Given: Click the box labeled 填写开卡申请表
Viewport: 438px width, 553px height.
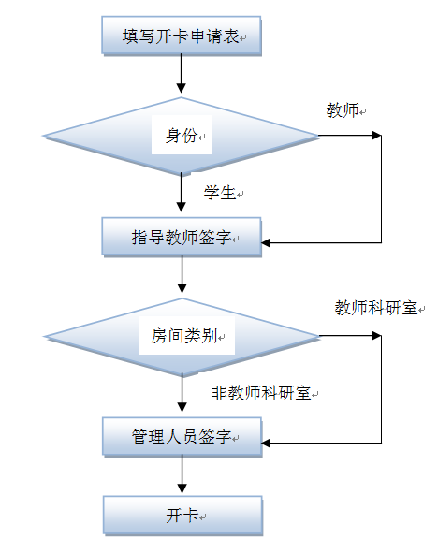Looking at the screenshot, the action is [x=182, y=36].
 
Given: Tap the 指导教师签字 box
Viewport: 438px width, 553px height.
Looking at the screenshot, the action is [x=182, y=237].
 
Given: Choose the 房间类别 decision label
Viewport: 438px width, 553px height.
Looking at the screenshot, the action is [x=184, y=336].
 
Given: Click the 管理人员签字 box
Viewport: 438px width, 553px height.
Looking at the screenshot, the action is [x=182, y=437].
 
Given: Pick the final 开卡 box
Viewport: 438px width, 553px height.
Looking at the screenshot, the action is [x=182, y=516].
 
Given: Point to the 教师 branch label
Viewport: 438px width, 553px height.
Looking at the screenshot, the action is [x=343, y=110].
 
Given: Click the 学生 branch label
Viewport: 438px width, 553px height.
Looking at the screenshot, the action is [x=220, y=193].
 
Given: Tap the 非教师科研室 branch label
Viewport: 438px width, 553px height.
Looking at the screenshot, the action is [x=261, y=393].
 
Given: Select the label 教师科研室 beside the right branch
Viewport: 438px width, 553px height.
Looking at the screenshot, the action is [x=376, y=308].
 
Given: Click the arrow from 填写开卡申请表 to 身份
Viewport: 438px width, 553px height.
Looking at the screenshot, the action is [x=181, y=74].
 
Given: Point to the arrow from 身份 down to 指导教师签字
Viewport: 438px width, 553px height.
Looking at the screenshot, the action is [x=181, y=192].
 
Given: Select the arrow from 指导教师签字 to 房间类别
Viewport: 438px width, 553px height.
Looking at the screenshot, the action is [x=182, y=274].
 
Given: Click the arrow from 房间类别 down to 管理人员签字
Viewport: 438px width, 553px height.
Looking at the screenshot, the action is [x=182, y=393].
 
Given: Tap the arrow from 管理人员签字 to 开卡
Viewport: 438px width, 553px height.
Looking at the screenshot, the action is [x=182, y=474].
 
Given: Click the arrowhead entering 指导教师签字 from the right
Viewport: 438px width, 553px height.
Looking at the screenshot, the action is [x=266, y=242].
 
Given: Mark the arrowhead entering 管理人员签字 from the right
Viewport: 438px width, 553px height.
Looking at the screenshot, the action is [x=266, y=443].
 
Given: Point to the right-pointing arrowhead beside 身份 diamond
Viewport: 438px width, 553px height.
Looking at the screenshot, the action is [x=376, y=135].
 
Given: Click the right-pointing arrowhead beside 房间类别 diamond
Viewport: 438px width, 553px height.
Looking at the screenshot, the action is [x=376, y=335].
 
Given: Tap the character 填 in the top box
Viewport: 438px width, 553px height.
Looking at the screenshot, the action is [x=130, y=36].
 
